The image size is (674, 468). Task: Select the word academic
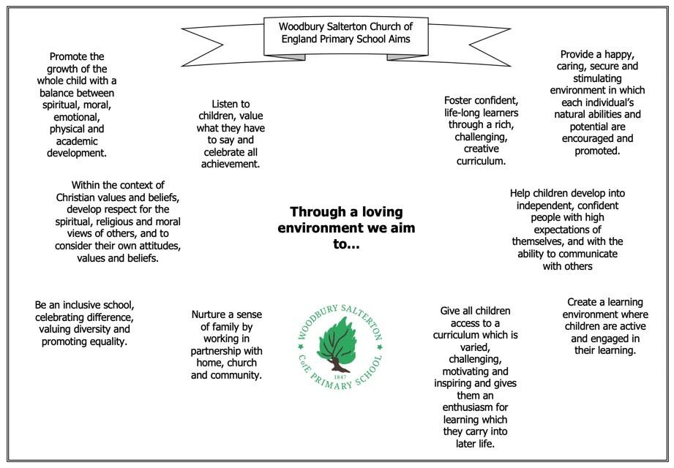77,141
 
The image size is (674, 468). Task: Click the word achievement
231,165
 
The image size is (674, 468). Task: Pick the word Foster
461,100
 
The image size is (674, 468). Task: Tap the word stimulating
596,78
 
